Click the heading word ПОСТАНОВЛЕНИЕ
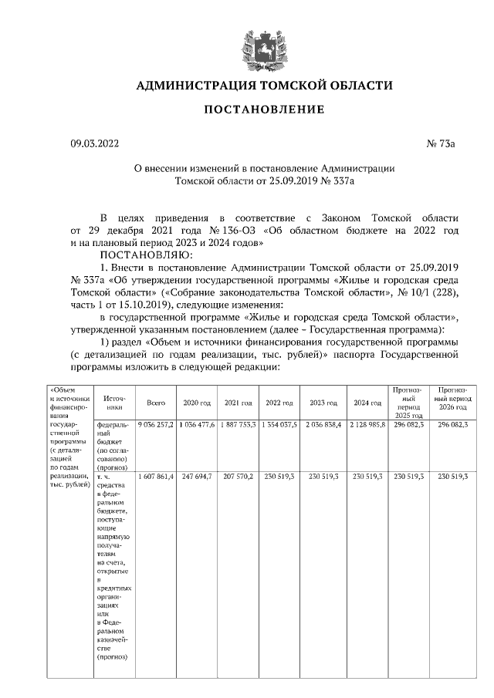(264, 110)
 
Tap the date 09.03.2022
(96, 144)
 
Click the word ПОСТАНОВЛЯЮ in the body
(149, 253)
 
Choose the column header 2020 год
(197, 403)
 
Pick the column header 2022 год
(279, 403)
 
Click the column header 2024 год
(367, 403)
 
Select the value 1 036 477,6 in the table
(197, 425)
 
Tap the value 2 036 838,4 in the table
(323, 425)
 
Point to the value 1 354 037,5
(279, 425)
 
